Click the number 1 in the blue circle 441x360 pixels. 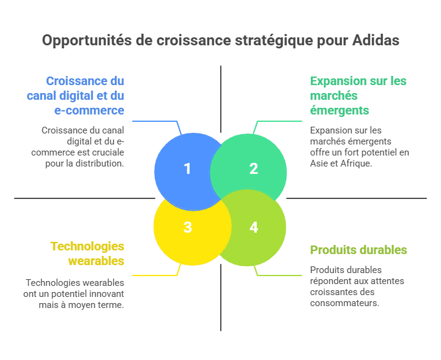pyautogui.click(x=187, y=168)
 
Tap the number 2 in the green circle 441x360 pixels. pyautogui.click(x=253, y=168)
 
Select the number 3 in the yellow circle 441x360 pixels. pyautogui.click(x=187, y=227)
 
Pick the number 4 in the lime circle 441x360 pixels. pyautogui.click(x=253, y=227)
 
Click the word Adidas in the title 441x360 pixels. pyautogui.click(x=376, y=41)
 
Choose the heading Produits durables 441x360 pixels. pyautogui.click(x=358, y=250)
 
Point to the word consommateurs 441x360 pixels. pyautogui.click(x=344, y=302)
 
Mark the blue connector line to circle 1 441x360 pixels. pyautogui.click(x=153, y=121)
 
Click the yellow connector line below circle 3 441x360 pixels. pyautogui.click(x=153, y=275)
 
